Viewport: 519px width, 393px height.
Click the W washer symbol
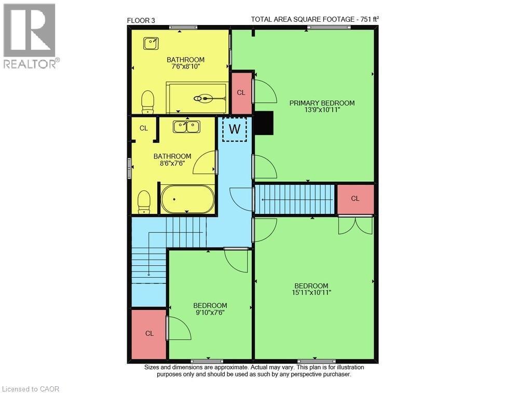(235, 129)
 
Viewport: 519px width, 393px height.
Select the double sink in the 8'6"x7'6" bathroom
(186, 126)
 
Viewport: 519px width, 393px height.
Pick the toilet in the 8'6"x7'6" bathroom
(144, 201)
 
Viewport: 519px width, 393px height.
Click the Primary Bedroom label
(322, 103)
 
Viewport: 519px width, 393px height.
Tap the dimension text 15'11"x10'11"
(311, 292)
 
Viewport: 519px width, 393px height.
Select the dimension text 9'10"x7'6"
(210, 312)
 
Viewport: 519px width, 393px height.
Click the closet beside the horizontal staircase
(356, 199)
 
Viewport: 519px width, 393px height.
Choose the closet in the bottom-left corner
(149, 334)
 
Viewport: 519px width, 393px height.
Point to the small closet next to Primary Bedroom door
(241, 93)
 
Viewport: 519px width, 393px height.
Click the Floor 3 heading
(141, 20)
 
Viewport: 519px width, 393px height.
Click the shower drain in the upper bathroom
(204, 98)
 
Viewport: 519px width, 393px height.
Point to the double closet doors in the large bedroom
(356, 225)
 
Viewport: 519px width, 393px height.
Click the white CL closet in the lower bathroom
(144, 128)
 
